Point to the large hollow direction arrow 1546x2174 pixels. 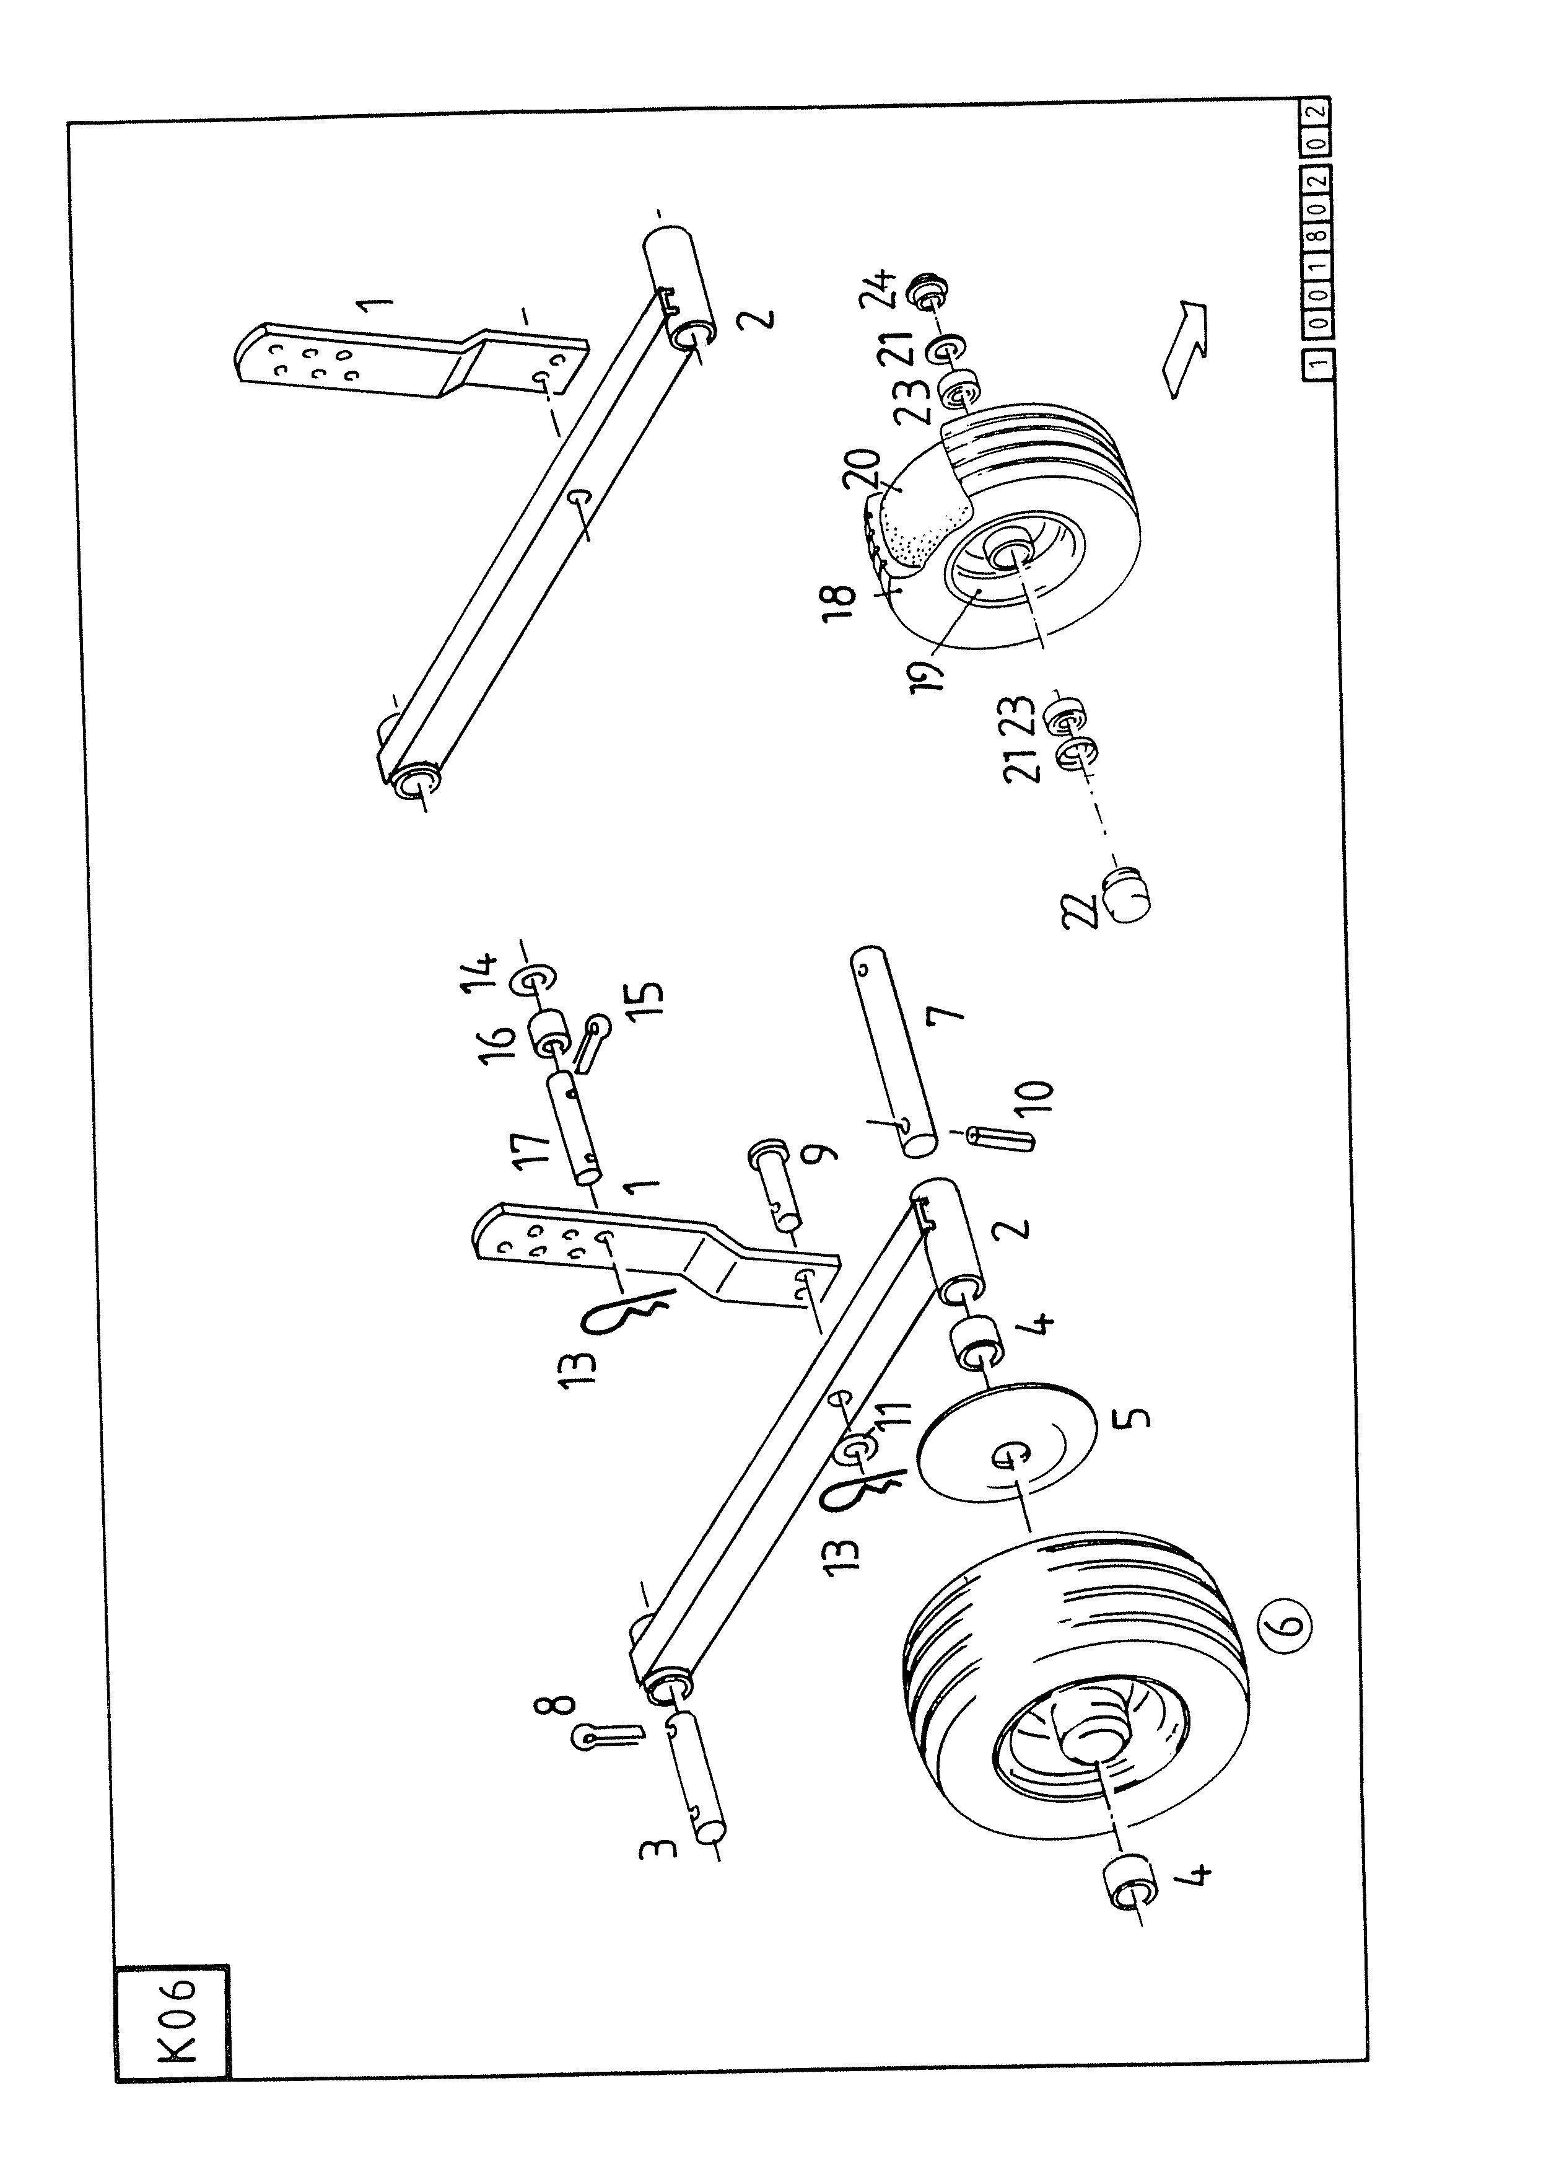(x=1183, y=348)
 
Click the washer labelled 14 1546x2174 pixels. (x=536, y=979)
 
